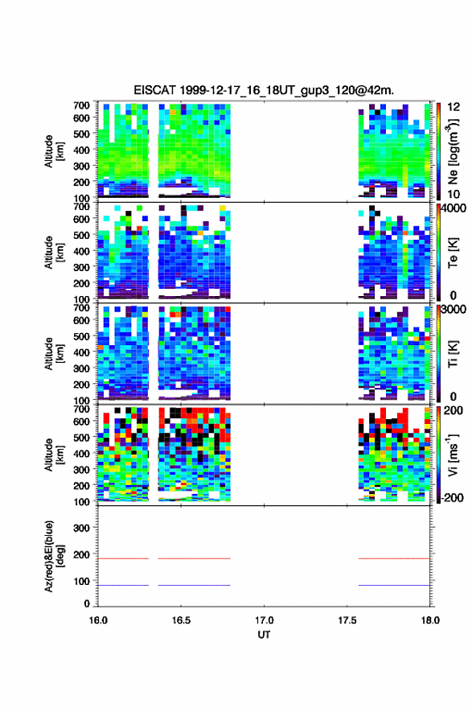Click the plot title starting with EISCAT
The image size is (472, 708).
(264, 90)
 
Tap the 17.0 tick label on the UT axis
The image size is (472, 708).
(264, 620)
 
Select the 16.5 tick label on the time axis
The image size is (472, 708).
(181, 620)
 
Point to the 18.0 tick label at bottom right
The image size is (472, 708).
(430, 620)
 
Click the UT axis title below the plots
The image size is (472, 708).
(264, 635)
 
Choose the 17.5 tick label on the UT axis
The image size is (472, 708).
(347, 620)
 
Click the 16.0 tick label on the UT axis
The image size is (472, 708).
(98, 620)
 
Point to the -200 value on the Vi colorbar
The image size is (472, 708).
(451, 497)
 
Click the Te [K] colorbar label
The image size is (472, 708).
(453, 253)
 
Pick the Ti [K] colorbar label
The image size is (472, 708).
(453, 354)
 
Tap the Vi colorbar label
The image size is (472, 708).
(453, 455)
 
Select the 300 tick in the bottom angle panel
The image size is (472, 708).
(81, 528)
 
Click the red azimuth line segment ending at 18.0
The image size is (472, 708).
(394, 558)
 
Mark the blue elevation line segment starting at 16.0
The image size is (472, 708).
(123, 585)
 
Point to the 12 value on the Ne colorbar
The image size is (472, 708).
(454, 107)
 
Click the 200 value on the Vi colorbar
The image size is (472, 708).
(453, 410)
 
